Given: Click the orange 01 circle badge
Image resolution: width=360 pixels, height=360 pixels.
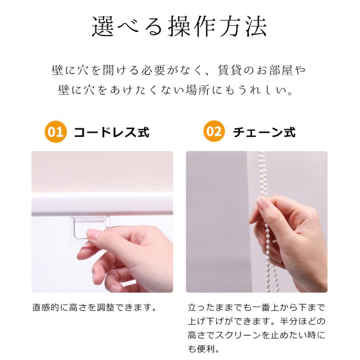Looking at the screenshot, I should (56, 132).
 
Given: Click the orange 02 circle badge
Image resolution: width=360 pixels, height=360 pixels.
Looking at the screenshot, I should (214, 132).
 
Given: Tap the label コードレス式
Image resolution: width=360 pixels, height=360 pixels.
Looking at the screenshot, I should (112, 132).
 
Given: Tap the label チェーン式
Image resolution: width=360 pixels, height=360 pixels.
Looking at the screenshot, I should (264, 132).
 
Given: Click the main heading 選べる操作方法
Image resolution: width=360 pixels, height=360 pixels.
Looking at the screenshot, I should (179, 27).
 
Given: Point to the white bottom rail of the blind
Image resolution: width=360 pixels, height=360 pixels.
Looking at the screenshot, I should (102, 204).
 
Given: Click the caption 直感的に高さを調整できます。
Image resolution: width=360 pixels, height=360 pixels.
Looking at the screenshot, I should (94, 308).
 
